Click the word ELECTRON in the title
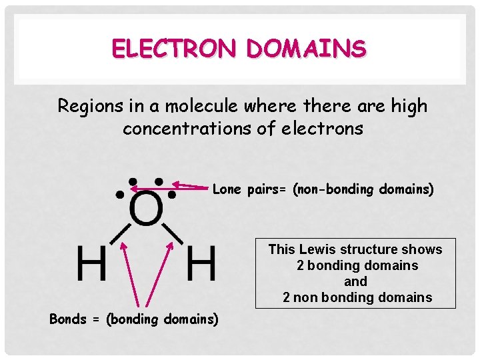click(175, 49)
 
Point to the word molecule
click(191, 106)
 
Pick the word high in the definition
click(408, 106)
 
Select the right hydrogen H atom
click(201, 263)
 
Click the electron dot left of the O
click(120, 196)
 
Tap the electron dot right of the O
click(172, 195)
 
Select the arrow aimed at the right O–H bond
click(159, 273)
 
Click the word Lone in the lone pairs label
click(227, 190)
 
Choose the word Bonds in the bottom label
click(68, 319)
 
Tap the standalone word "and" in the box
click(355, 281)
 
